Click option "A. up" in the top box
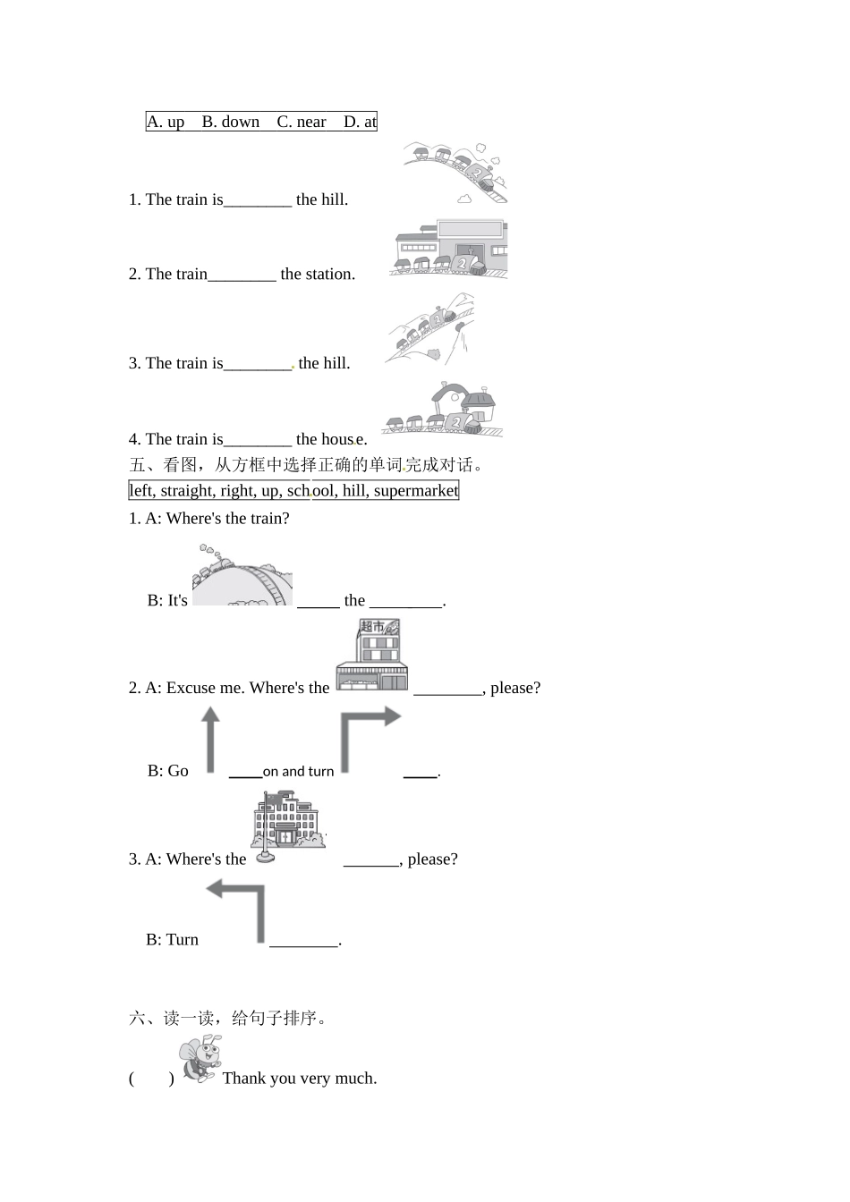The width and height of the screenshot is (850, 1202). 166,122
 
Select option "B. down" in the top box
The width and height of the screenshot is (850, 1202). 230,122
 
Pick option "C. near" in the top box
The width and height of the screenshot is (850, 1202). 302,122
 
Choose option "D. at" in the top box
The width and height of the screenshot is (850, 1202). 360,122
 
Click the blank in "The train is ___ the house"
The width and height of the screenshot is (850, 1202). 258,440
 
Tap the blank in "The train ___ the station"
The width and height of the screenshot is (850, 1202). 242,275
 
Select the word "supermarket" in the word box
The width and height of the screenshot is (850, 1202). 415,490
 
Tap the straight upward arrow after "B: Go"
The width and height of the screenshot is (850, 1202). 210,740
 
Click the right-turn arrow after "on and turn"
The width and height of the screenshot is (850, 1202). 370,738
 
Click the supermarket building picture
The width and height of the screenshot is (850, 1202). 371,656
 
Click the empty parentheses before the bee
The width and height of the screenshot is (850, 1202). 151,1079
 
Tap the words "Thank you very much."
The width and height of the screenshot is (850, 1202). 300,1079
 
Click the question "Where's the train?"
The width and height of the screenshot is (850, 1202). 227,519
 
